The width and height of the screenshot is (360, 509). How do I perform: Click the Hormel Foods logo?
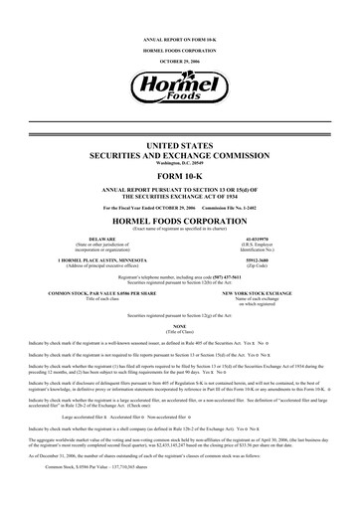click(179, 88)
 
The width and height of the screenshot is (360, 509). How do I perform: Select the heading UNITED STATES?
click(179, 144)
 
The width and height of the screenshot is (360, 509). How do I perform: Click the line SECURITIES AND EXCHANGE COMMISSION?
click(179, 154)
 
